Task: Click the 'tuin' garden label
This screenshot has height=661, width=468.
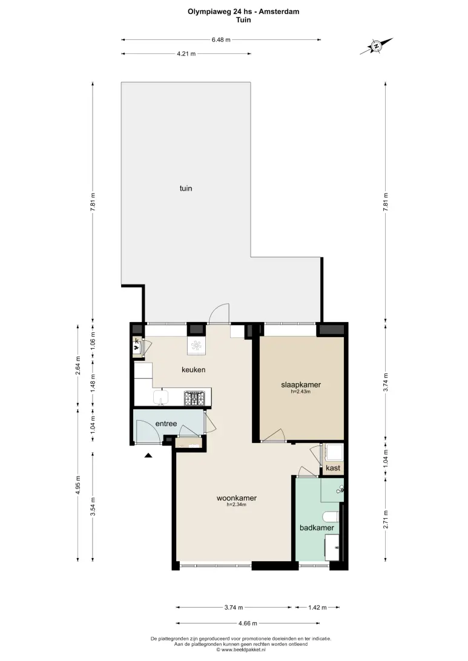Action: coord(186,188)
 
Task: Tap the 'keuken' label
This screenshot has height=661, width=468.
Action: coord(194,370)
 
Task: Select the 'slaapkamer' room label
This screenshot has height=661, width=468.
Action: coord(301,384)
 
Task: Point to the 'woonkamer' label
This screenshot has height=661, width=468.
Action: coord(237,498)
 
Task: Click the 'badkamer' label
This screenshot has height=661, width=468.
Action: coord(317,527)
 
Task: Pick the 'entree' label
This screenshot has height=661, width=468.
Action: coord(166,424)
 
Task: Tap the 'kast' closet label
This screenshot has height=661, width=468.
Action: coord(333,468)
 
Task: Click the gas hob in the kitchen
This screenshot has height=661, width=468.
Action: coord(194,398)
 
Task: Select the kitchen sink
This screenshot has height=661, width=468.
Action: coord(160,398)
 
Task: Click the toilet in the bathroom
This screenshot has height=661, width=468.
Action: coord(331,517)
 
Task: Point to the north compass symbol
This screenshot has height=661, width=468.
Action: coord(376,46)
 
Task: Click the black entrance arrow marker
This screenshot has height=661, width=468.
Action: coord(148,455)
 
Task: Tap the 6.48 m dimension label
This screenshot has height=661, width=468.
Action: coord(221,39)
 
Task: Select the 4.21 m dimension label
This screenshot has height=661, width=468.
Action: coord(186,53)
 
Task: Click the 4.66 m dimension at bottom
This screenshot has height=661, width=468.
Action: coord(248,623)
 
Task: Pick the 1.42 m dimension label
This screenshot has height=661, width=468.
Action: coord(317,608)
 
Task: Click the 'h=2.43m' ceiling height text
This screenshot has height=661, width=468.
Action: coord(301,392)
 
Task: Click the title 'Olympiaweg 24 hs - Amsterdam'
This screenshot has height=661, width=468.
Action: coord(244,12)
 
